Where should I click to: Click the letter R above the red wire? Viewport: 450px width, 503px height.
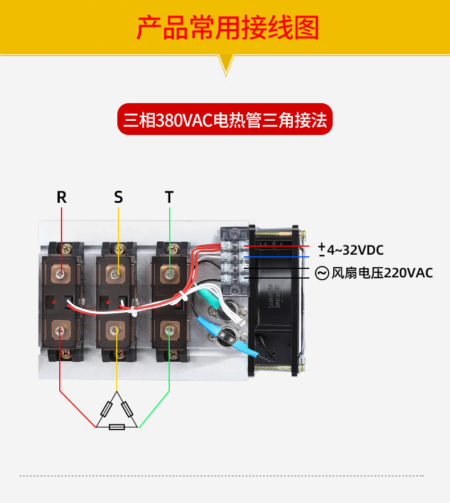click(62, 197)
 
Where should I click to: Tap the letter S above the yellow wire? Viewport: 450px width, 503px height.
click(118, 197)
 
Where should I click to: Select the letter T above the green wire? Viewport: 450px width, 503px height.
click(169, 197)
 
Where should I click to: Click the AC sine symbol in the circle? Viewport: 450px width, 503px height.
click(322, 273)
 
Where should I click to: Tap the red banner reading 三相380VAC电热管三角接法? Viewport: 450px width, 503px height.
click(224, 120)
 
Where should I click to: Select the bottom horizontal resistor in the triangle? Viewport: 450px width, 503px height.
click(117, 427)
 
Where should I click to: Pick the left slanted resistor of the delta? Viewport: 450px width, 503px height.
click(107, 409)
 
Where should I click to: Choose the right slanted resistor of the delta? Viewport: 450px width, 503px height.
click(128, 409)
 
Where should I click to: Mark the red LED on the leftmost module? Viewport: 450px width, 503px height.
click(53, 301)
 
